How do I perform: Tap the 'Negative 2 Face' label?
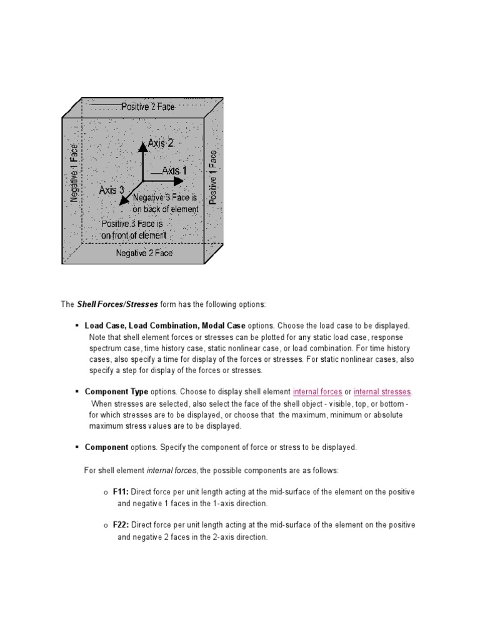click(144, 253)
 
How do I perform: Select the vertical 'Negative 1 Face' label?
click(74, 173)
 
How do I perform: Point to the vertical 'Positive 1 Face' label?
click(213, 177)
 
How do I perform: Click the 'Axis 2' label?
click(161, 144)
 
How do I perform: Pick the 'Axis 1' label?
click(174, 171)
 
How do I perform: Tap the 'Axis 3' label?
click(112, 189)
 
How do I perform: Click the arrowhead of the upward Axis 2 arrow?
click(143, 144)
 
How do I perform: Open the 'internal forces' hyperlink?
click(317, 392)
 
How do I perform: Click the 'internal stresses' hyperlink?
click(382, 392)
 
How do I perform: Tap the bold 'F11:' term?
click(121, 492)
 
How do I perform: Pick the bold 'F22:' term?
click(121, 525)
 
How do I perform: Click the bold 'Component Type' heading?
click(116, 392)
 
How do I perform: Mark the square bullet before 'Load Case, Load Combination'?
click(76, 326)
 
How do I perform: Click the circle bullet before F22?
click(106, 526)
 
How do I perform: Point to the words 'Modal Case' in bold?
click(224, 326)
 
